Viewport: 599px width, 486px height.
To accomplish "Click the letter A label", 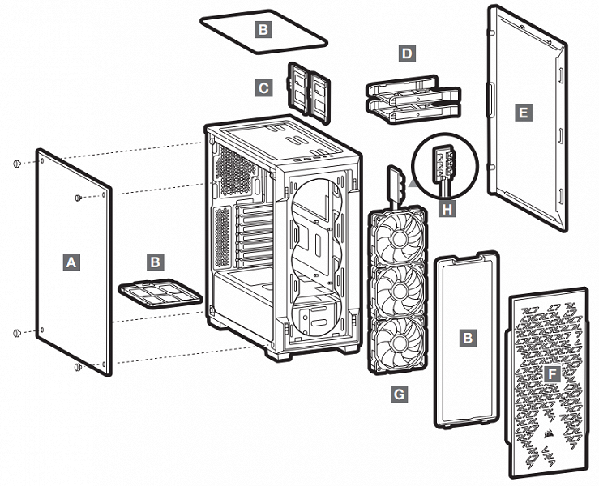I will [x=72, y=262].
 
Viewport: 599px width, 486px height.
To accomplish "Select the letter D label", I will [x=407, y=54].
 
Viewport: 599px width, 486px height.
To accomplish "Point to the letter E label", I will [x=524, y=113].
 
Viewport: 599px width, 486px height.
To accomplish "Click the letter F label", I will [x=553, y=373].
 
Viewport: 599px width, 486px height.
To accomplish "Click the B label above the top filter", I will [x=263, y=30].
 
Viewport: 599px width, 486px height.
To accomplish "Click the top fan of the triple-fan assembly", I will [x=397, y=235].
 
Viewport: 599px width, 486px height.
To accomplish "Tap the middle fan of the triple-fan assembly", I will [x=397, y=288].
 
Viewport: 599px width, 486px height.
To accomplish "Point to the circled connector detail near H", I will [x=444, y=164].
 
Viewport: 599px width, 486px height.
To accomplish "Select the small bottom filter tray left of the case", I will [x=159, y=293].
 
